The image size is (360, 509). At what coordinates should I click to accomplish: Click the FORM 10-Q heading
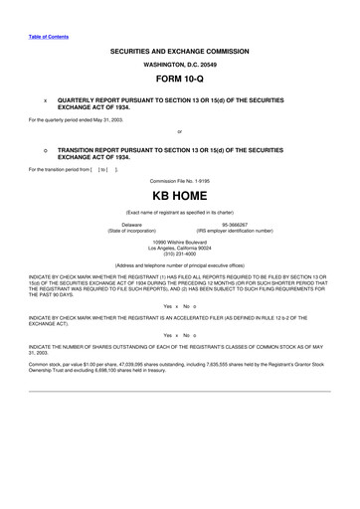pos(180,77)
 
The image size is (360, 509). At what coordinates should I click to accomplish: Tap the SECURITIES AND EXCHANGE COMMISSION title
pos(180,48)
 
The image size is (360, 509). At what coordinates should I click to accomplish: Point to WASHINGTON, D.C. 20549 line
pos(180,62)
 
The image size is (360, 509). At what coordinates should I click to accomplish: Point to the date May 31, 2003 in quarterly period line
pos(104,120)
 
